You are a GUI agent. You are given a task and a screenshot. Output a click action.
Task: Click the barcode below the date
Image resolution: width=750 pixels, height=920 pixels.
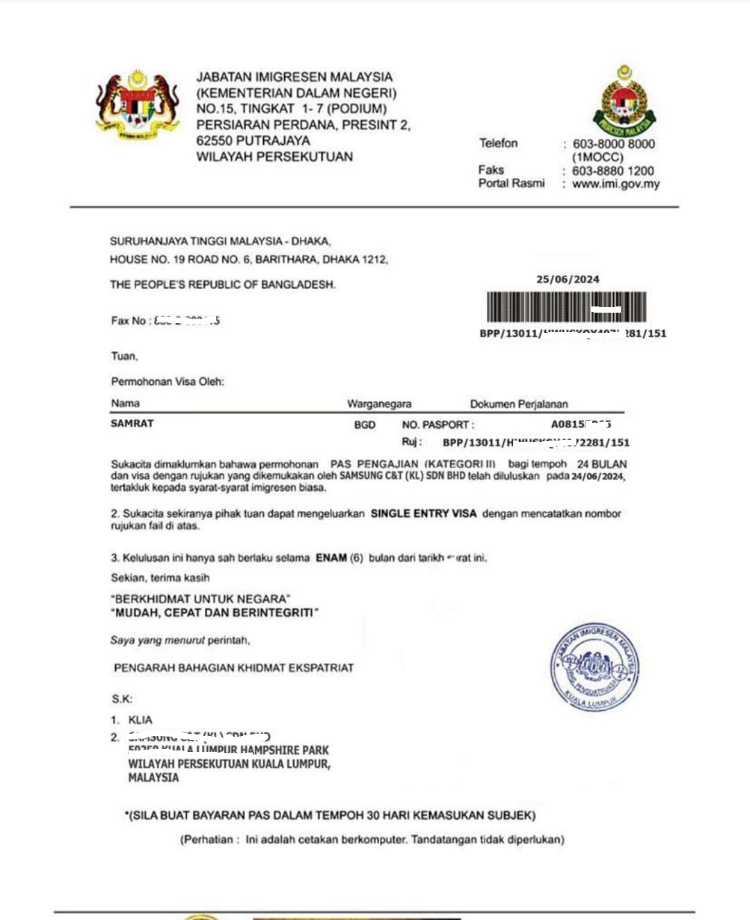[x=566, y=307]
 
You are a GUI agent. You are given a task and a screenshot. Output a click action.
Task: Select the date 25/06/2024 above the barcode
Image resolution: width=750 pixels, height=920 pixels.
[x=567, y=279]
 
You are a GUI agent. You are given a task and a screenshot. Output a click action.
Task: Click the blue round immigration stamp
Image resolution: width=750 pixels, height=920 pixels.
[x=594, y=667]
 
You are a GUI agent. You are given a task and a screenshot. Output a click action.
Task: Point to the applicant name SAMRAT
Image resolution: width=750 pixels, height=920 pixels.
[x=132, y=423]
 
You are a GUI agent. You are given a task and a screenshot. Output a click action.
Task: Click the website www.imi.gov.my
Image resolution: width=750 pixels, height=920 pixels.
[x=615, y=184]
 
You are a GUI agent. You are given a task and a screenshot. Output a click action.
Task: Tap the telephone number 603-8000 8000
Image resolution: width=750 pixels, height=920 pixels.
[x=613, y=144]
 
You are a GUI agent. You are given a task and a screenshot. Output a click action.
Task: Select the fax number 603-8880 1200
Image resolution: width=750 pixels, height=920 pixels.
[x=612, y=170]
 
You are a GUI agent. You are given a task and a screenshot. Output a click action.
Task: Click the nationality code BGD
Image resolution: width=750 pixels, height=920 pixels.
[x=365, y=425]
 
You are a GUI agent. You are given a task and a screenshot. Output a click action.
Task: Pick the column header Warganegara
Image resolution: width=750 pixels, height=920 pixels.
[x=379, y=404]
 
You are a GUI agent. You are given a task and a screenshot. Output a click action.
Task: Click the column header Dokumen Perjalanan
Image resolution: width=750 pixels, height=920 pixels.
[x=519, y=404]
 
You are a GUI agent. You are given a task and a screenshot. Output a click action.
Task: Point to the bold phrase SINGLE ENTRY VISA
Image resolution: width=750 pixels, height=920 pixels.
[x=424, y=514]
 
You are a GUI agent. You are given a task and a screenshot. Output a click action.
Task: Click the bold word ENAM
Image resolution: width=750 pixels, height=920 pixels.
[x=331, y=557]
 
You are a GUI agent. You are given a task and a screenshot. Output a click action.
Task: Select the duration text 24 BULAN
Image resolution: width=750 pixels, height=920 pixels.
[x=601, y=463]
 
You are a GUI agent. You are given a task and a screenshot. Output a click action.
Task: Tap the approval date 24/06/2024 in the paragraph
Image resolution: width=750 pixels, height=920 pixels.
[x=598, y=477]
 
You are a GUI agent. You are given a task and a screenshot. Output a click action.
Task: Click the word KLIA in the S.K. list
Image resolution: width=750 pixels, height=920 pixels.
[x=140, y=720]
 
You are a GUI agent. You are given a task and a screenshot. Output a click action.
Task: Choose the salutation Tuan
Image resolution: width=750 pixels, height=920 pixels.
[x=124, y=356]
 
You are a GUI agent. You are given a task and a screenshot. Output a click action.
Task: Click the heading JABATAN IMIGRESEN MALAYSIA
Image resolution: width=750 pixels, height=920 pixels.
[x=294, y=77]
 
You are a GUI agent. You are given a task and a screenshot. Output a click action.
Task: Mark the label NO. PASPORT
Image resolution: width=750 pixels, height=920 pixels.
[x=437, y=425]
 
